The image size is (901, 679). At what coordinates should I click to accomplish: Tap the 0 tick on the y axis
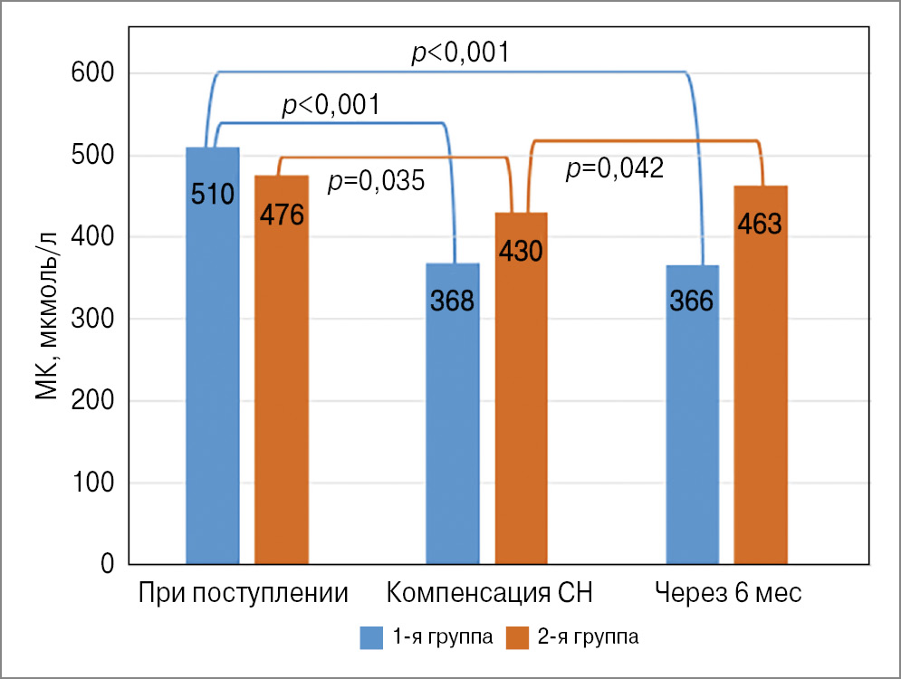click(x=106, y=565)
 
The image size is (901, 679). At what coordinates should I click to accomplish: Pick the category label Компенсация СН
click(x=490, y=595)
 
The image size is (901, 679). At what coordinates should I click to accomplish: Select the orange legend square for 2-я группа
click(x=517, y=637)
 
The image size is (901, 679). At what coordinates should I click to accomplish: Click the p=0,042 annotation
click(x=615, y=167)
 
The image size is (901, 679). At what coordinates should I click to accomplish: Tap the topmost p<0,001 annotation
click(x=460, y=53)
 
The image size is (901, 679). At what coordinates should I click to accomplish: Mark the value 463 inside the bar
click(x=760, y=224)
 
